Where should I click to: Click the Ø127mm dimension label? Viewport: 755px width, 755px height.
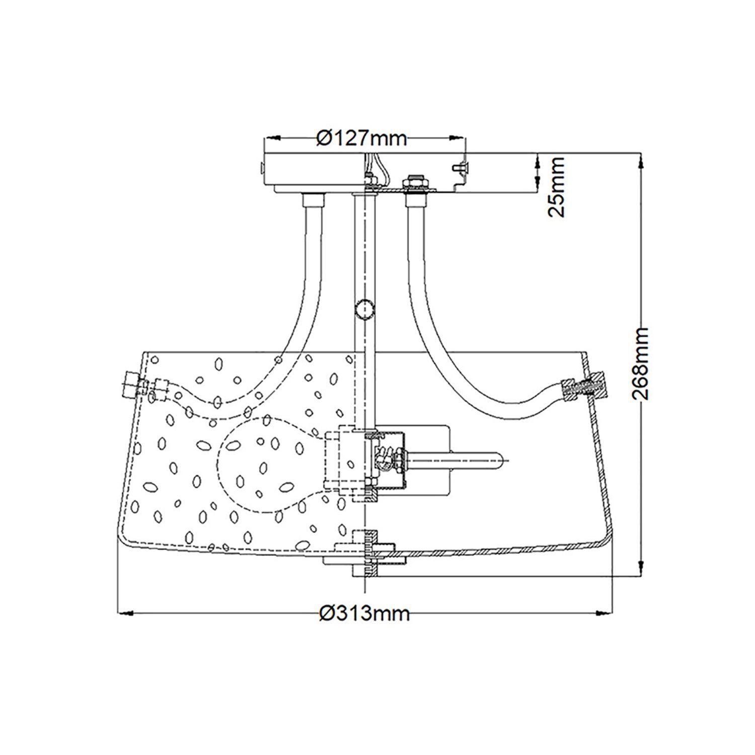(x=361, y=137)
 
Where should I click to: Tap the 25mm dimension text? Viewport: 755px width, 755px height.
(x=556, y=186)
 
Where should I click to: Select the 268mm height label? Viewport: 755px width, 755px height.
(x=640, y=363)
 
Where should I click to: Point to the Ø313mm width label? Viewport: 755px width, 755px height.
(x=364, y=613)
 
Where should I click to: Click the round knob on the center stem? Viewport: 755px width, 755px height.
(x=364, y=309)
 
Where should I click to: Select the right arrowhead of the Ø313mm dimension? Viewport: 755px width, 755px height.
(x=604, y=613)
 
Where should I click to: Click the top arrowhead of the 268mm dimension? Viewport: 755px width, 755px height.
(x=640, y=161)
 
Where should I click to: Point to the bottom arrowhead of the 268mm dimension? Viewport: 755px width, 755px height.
(x=640, y=567)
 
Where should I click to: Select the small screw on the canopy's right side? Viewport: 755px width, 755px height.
(x=460, y=167)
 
